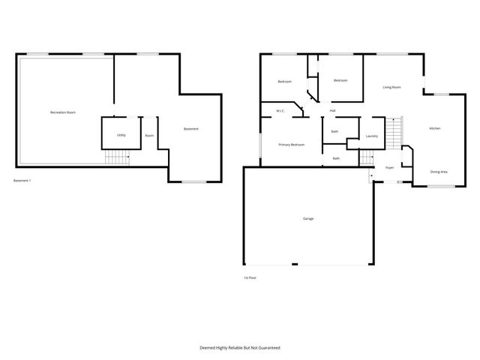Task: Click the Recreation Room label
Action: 63,112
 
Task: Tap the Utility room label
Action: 121,135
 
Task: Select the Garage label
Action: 308,218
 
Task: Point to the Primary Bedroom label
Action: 292,144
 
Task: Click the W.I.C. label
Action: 280,111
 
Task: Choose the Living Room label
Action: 391,87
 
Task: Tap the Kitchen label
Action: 434,129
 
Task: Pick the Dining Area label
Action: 439,172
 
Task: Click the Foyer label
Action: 390,168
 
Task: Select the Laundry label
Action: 371,136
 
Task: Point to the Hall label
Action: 332,111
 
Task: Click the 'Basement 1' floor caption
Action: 22,181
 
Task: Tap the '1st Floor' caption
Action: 250,277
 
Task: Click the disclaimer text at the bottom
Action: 239,347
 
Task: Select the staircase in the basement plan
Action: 116,157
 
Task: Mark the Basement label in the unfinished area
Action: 191,129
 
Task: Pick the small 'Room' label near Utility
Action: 149,135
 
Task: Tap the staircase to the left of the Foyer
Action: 366,158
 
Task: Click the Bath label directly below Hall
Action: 334,131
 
